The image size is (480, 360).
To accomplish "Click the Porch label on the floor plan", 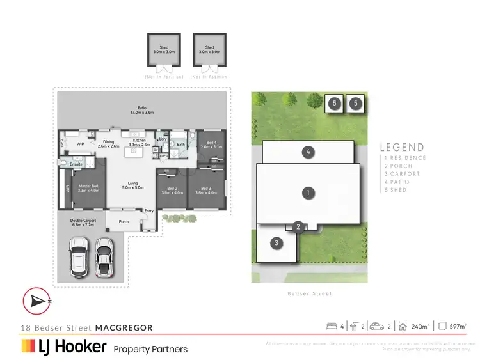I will (124, 222).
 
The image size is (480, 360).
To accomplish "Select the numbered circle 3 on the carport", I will (276, 243).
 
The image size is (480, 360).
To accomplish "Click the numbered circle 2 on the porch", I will (298, 226).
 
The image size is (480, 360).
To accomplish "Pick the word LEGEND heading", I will (402, 147).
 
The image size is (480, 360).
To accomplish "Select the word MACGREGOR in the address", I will (124, 328).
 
